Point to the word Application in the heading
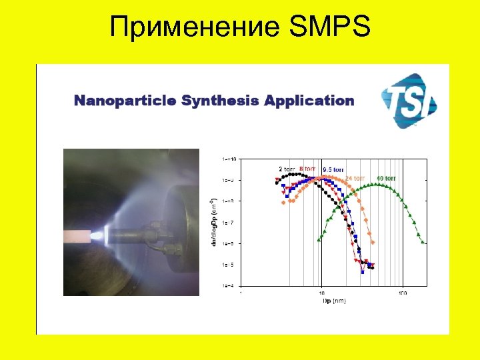[309, 101]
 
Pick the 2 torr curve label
[287, 169]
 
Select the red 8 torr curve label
[308, 169]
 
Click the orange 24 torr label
[355, 178]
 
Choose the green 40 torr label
[389, 178]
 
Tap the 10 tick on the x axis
[322, 293]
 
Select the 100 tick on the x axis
[403, 293]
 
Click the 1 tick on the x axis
[241, 293]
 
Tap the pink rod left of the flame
[80, 235]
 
